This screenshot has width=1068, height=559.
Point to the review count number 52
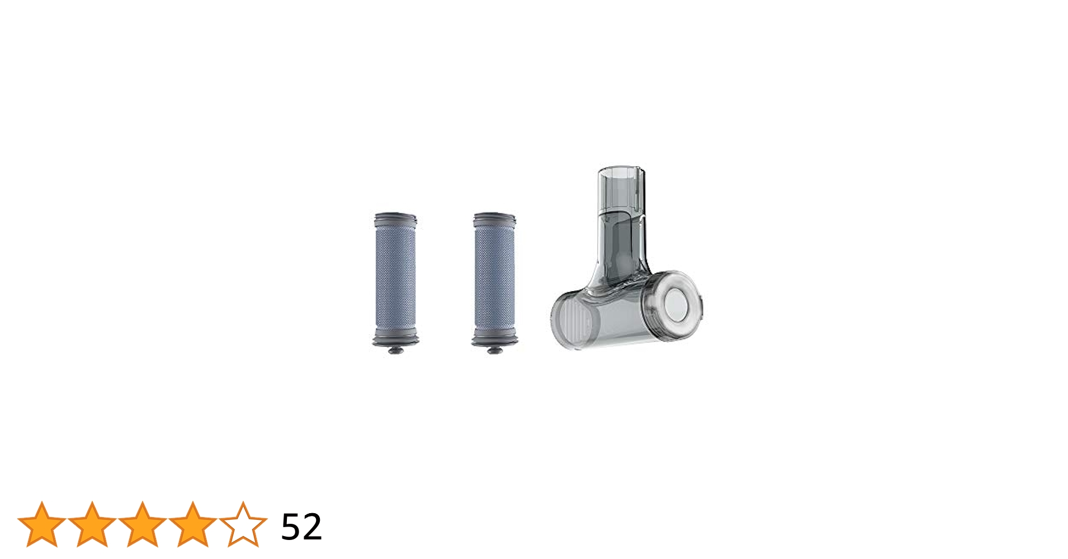click(301, 527)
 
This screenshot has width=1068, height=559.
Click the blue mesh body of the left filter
click(395, 279)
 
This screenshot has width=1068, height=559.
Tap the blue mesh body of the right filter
click(494, 279)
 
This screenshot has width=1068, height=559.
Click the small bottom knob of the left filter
click(395, 350)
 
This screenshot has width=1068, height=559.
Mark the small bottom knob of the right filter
click(494, 350)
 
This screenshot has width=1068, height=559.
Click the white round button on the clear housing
click(678, 305)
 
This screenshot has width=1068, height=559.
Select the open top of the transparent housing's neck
click(621, 170)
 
